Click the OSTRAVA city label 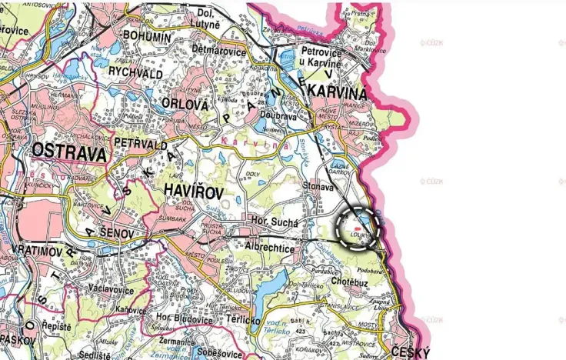point(69,154)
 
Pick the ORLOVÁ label point(182,102)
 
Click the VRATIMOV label point(38,251)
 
